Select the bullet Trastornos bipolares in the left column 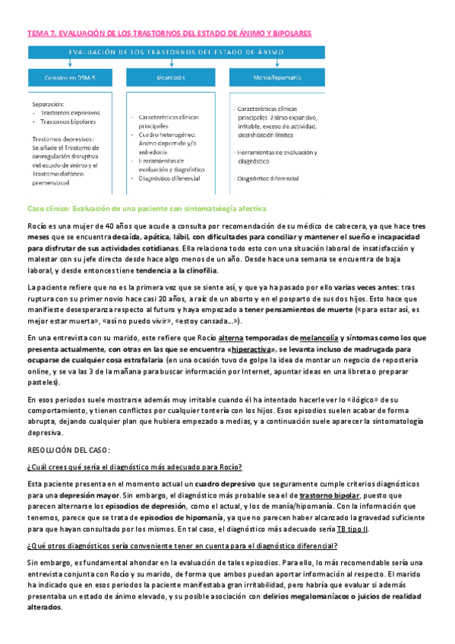[67, 122]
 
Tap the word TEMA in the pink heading [37, 34]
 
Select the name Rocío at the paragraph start [37, 226]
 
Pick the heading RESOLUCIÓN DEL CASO [68, 448]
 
